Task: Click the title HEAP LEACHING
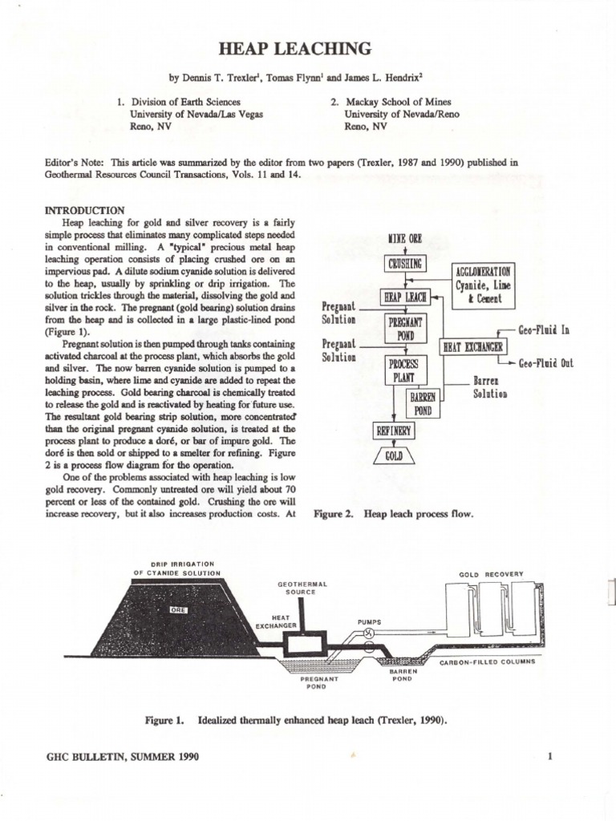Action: tap(308, 50)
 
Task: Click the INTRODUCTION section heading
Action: tap(86, 210)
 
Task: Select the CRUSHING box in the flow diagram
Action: tap(405, 263)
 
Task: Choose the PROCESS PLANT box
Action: tap(405, 370)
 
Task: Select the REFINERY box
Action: tap(393, 431)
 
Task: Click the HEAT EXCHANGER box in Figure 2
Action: tap(473, 348)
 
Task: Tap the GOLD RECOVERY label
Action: tap(491, 575)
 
